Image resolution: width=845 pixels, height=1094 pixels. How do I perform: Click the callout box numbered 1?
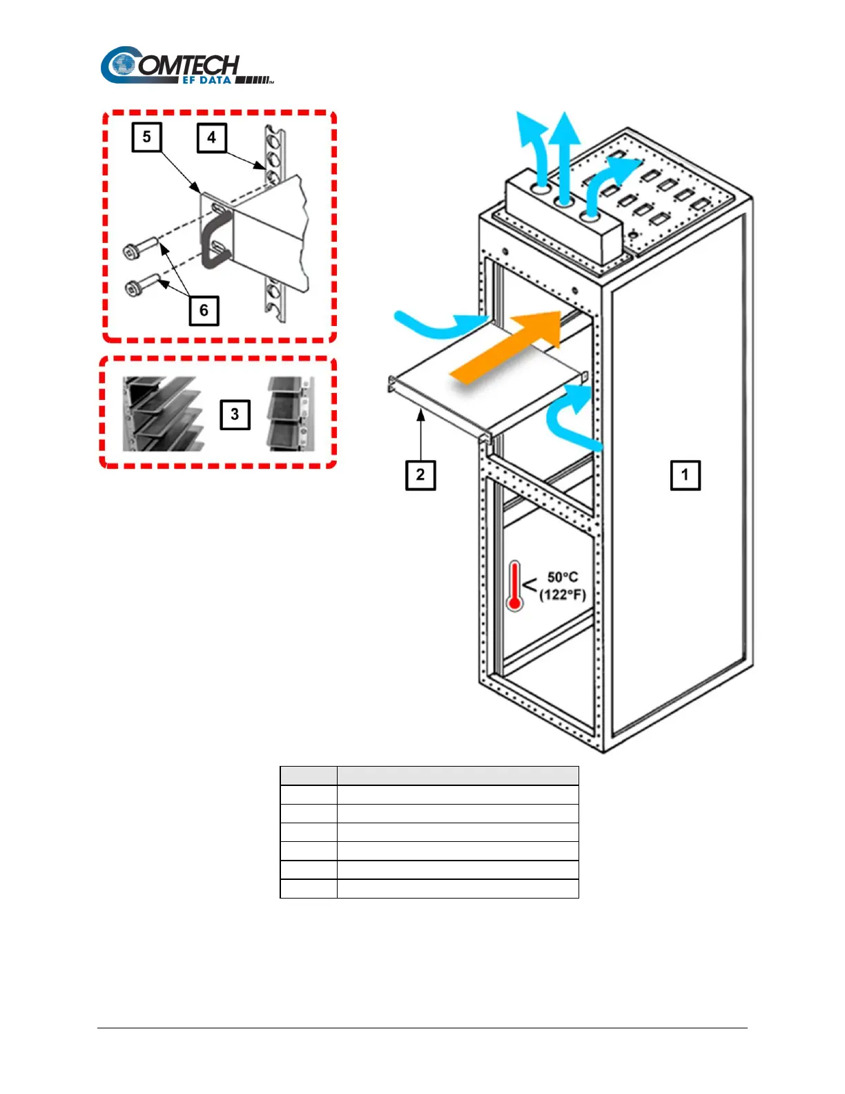click(685, 475)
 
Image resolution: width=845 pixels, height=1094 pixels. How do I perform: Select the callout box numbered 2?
click(420, 475)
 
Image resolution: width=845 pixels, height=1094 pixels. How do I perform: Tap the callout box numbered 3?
click(235, 414)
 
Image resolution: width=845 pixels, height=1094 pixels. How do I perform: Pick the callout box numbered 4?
click(211, 137)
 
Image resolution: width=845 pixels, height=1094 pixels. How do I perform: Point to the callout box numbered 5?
click(146, 137)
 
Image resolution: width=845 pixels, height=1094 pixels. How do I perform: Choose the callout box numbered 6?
click(204, 310)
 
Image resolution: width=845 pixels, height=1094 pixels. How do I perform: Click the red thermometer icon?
click(514, 586)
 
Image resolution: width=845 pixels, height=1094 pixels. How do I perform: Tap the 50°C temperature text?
click(563, 577)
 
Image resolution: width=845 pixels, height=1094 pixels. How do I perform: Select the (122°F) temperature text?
click(563, 595)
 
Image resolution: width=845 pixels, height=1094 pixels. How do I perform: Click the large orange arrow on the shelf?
click(511, 349)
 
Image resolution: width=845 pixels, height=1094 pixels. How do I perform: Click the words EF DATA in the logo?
click(207, 80)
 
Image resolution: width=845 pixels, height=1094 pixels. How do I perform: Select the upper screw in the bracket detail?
click(142, 247)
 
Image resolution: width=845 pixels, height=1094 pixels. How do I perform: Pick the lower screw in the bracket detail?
click(144, 285)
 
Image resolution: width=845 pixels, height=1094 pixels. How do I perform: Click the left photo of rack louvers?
click(163, 414)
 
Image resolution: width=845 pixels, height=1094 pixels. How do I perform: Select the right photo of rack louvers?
click(290, 414)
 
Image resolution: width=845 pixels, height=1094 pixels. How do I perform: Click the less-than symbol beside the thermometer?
click(530, 586)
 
